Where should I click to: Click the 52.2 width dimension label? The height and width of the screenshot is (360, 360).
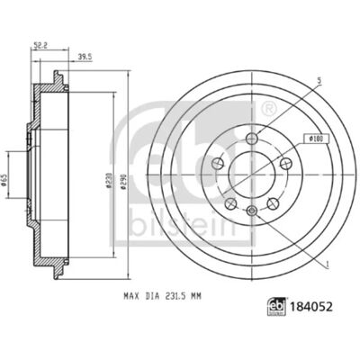tap(41, 45)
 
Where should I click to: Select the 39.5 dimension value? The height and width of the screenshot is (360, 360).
tap(85, 56)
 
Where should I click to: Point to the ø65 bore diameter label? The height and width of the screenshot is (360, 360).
tap(4, 180)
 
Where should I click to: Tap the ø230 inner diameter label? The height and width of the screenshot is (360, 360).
tap(109, 180)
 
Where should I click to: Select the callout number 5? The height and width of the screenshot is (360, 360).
tap(319, 80)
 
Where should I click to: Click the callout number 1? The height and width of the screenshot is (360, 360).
tap(328, 265)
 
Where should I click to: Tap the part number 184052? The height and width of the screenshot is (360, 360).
tap(310, 307)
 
